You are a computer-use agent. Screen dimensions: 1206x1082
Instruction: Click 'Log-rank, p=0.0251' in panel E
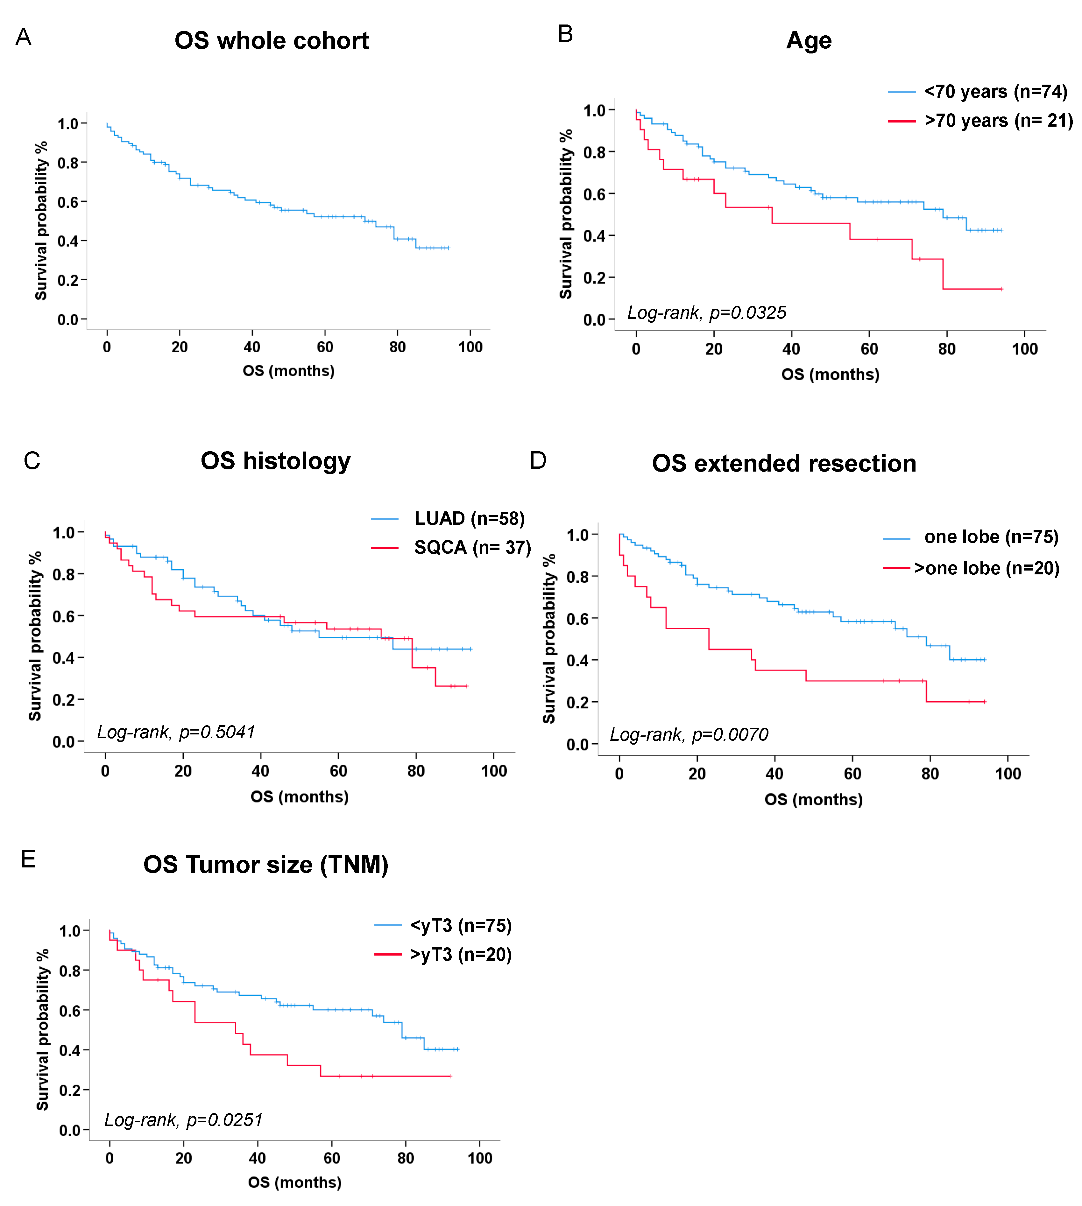[183, 1120]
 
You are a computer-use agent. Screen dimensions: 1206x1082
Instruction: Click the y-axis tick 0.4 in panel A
[68, 241]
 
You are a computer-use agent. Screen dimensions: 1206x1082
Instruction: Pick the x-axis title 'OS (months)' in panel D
[813, 799]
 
